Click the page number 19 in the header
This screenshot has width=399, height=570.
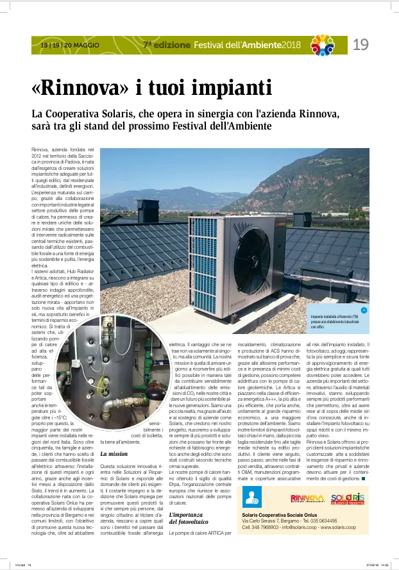click(361, 45)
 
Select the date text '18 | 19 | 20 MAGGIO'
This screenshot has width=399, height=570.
click(66, 46)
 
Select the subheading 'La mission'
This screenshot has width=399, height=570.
click(114, 453)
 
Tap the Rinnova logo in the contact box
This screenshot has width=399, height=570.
click(307, 498)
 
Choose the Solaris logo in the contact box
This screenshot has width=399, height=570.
click(348, 498)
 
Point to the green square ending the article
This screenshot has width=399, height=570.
click(363, 478)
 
